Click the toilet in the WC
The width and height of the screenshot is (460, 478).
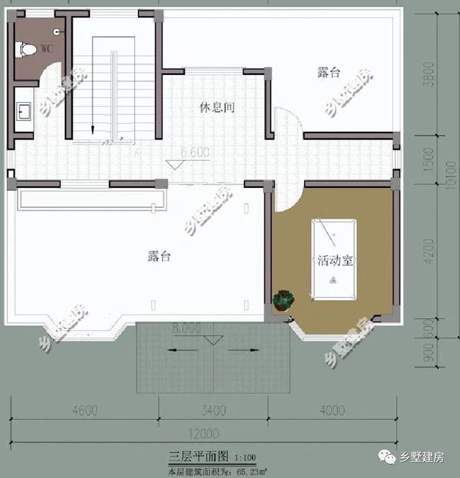pyautogui.click(x=28, y=50)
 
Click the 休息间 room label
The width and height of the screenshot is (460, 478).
pyautogui.click(x=217, y=108)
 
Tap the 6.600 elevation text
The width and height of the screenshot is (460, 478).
pyautogui.click(x=194, y=153)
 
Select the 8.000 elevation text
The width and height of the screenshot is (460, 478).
pyautogui.click(x=186, y=328)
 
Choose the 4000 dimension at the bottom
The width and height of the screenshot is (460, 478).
pyautogui.click(x=331, y=411)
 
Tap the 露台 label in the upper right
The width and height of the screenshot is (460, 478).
pyautogui.click(x=328, y=73)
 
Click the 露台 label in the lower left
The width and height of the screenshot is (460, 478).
pyautogui.click(x=159, y=256)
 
